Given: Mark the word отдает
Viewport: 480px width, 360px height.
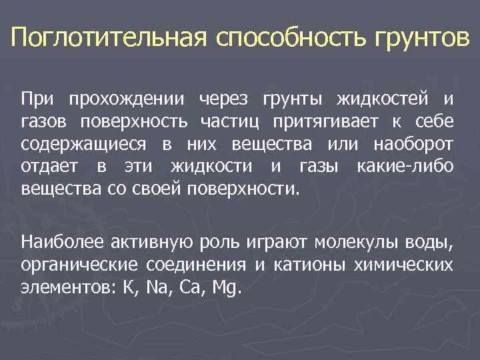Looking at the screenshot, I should click(x=51, y=166).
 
